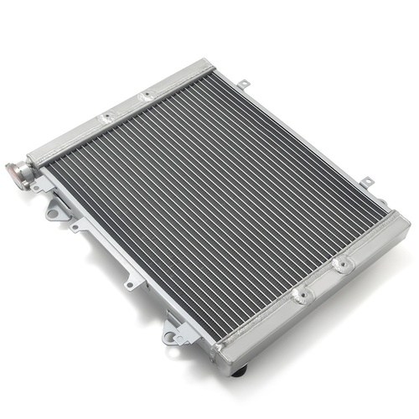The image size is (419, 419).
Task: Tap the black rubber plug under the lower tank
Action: click(242, 368)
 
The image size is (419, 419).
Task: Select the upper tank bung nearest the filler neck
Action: click(106, 118)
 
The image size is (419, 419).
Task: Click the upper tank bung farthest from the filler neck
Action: click(147, 96)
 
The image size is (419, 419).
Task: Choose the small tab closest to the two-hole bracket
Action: click(132, 283)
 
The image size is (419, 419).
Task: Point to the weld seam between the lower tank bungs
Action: click(322, 280)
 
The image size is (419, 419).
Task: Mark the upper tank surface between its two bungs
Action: click(127, 107)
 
